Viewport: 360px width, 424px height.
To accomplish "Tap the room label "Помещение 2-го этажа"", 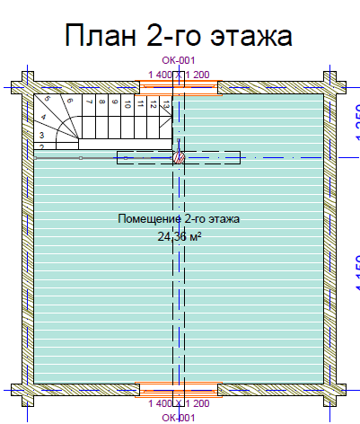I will [x=179, y=218].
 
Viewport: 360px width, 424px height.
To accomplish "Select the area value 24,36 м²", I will [x=179, y=235].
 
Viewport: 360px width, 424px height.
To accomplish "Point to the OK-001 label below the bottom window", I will [x=179, y=418].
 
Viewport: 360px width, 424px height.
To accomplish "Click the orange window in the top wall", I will [x=179, y=87].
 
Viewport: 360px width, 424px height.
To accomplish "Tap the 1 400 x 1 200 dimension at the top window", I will [x=179, y=74].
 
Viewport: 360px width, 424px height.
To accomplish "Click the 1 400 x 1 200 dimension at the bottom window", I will [x=179, y=404].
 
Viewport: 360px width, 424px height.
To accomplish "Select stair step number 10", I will [x=127, y=104].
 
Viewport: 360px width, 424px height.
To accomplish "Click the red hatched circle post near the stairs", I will [x=178, y=157].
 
